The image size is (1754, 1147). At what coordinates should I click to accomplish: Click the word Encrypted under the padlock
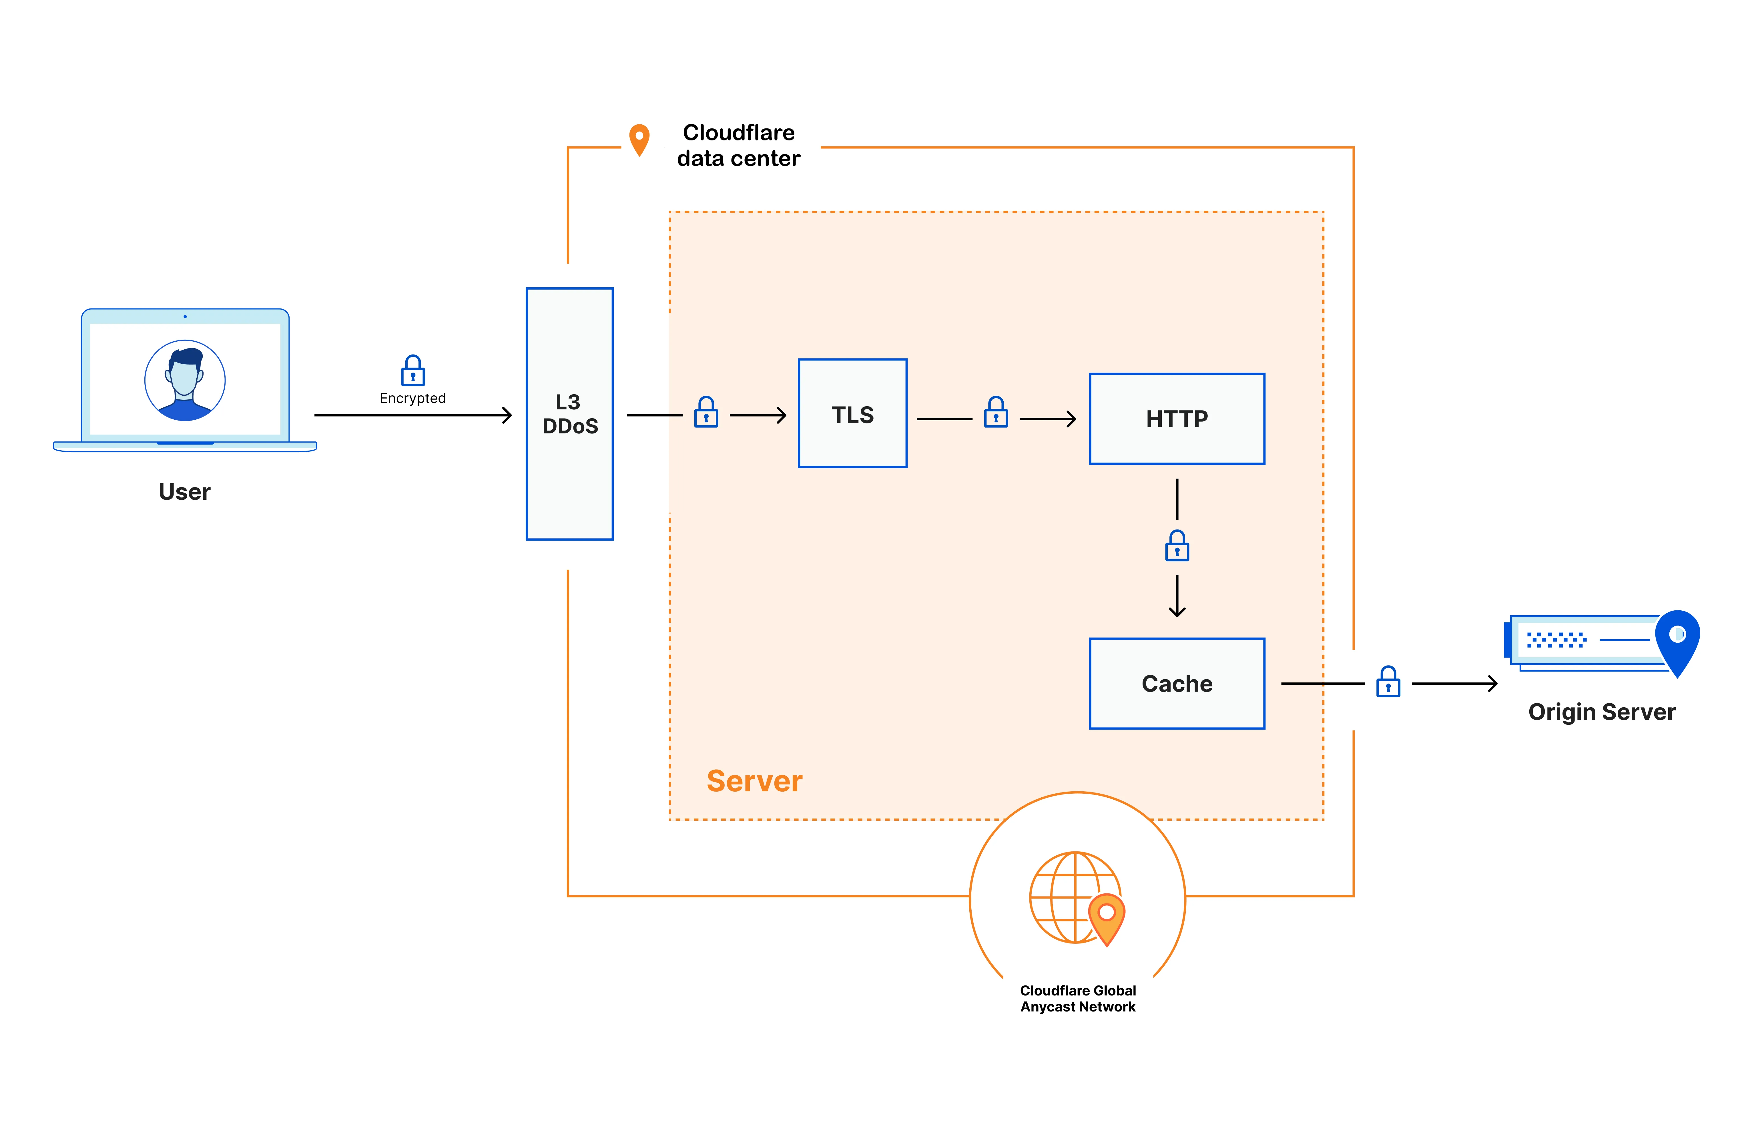(x=413, y=398)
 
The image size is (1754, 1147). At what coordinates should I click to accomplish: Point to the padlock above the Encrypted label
(x=413, y=371)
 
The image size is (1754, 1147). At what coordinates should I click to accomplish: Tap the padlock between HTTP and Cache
(x=1177, y=546)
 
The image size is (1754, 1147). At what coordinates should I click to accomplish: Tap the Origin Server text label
(x=1601, y=712)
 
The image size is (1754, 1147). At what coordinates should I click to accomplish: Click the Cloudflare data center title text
(x=738, y=145)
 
